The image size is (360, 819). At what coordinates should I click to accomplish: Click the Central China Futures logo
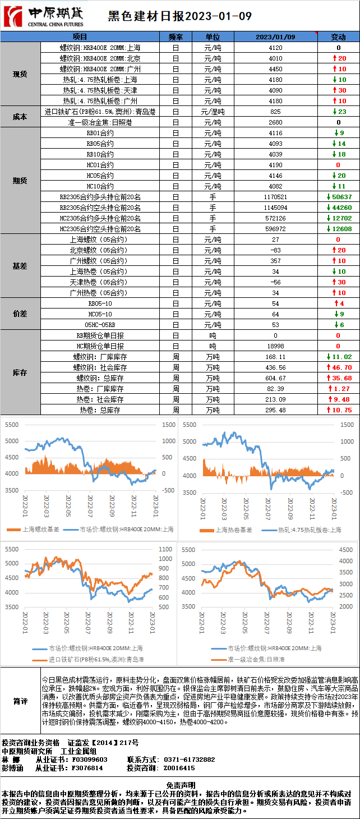click(43, 16)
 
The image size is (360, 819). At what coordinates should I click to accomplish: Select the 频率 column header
click(176, 37)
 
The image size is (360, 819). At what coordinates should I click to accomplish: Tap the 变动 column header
click(338, 37)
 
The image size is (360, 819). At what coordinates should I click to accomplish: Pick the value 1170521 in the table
click(275, 197)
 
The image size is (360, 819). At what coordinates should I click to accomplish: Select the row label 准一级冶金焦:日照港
click(100, 122)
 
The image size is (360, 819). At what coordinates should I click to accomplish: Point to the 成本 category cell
click(20, 117)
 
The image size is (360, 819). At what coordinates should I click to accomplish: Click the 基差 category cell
click(20, 266)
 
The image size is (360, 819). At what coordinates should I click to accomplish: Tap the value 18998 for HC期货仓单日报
click(275, 346)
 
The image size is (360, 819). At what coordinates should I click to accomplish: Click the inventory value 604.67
click(275, 378)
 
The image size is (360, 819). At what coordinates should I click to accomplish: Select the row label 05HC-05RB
click(100, 325)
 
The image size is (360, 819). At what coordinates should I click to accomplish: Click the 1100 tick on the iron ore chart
click(166, 549)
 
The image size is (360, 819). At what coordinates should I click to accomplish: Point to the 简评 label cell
click(20, 701)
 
